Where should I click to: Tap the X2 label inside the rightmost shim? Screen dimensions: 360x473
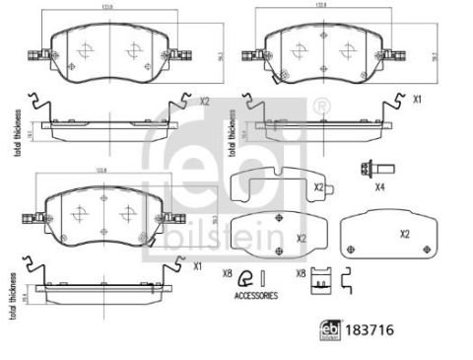pos(405,235)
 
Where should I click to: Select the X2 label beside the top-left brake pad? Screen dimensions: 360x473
pos(205,101)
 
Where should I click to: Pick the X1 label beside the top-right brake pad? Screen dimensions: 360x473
pos(417,101)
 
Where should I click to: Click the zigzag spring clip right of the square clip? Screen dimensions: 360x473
pos(347,283)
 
